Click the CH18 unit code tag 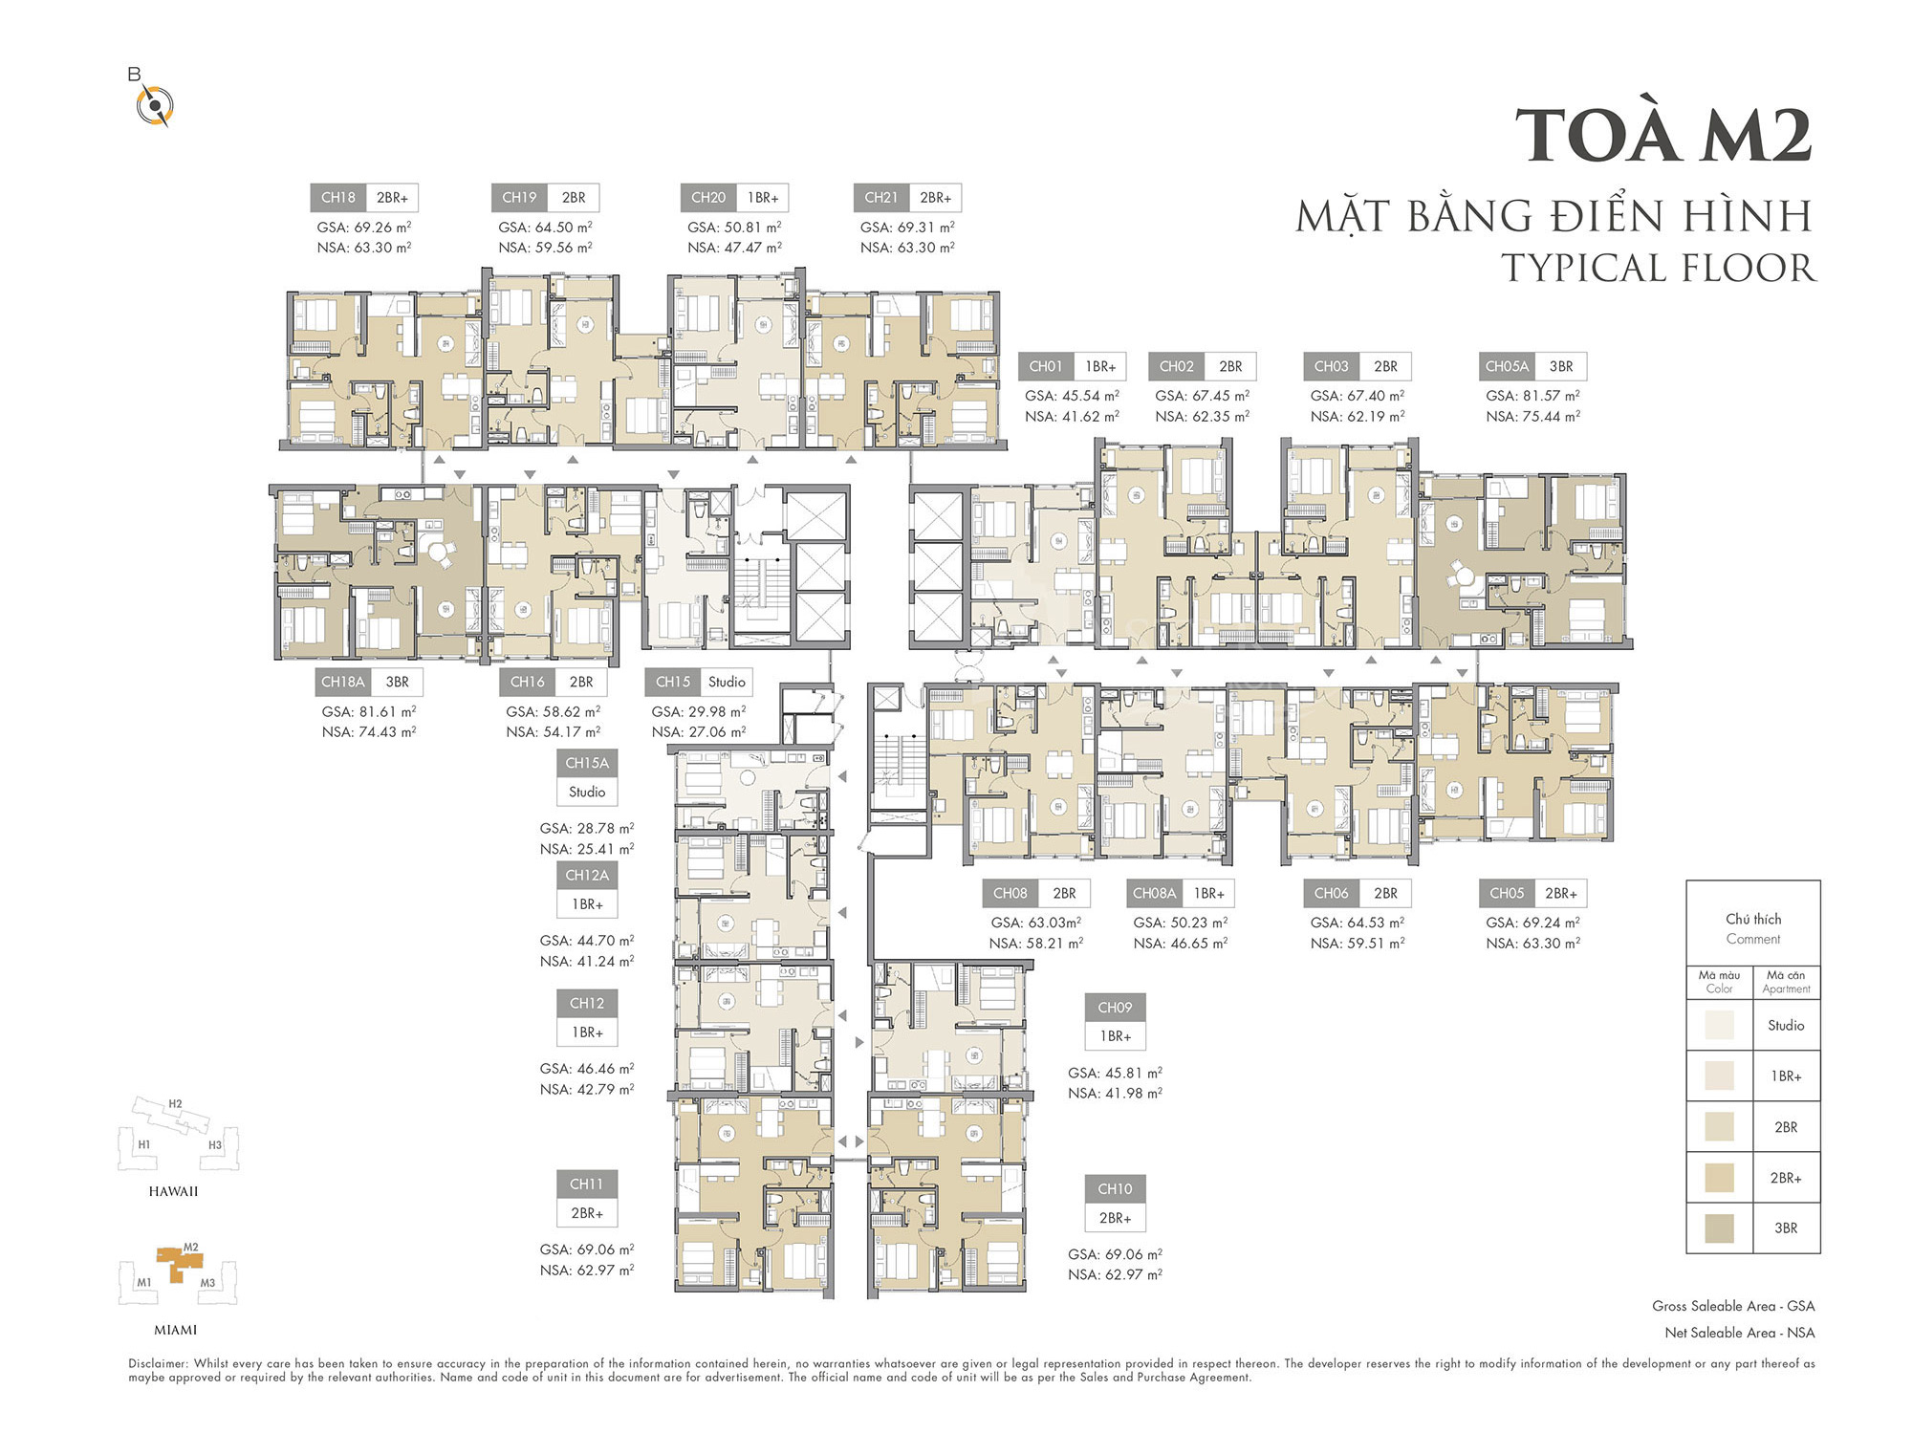pos(337,198)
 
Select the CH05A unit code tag pos(1507,366)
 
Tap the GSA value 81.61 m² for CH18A pos(369,711)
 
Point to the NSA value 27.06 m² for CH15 pos(699,732)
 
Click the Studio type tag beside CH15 pos(727,682)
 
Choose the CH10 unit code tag pos(1115,1189)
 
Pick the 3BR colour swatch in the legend pos(1719,1228)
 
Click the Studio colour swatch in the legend pos(1719,1025)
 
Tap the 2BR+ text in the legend pos(1786,1178)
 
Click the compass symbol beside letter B pos(154,105)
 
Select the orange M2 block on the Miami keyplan pos(179,1263)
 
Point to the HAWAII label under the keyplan pos(173,1191)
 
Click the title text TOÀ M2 pos(1663,135)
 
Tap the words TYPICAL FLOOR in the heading pos(1658,268)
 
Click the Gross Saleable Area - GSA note pos(1733,1306)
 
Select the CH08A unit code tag pos(1154,893)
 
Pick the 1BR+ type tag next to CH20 pos(763,198)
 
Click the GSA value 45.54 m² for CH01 pos(1072,396)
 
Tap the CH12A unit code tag pos(587,875)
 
